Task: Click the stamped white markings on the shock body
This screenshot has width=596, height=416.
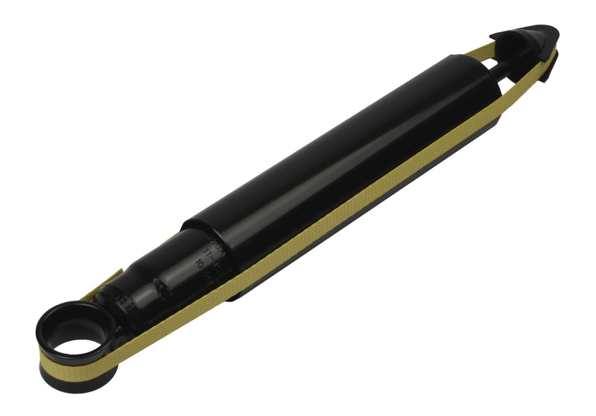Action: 201,256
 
